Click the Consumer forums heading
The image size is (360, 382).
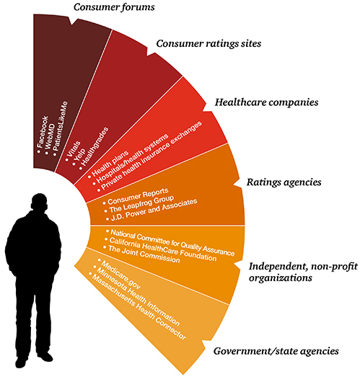click(114, 7)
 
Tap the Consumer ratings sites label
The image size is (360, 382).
click(208, 44)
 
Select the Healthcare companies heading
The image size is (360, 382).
click(267, 102)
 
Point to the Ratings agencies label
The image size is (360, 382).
click(284, 182)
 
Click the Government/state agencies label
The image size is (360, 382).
click(276, 351)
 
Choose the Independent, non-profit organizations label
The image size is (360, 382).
click(303, 272)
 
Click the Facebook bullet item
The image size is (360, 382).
click(43, 133)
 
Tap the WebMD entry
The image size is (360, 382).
click(50, 138)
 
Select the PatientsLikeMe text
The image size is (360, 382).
click(61, 127)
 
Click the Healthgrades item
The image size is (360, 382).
click(95, 147)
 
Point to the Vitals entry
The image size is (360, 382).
click(73, 149)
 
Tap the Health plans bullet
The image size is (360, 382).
click(110, 164)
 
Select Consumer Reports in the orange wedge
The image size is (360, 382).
click(138, 196)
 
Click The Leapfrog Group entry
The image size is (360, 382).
click(141, 204)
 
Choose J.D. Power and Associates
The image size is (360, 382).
click(154, 210)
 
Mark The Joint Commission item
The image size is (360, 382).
click(144, 254)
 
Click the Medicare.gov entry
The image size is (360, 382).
click(120, 275)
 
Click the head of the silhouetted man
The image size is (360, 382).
click(39, 203)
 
